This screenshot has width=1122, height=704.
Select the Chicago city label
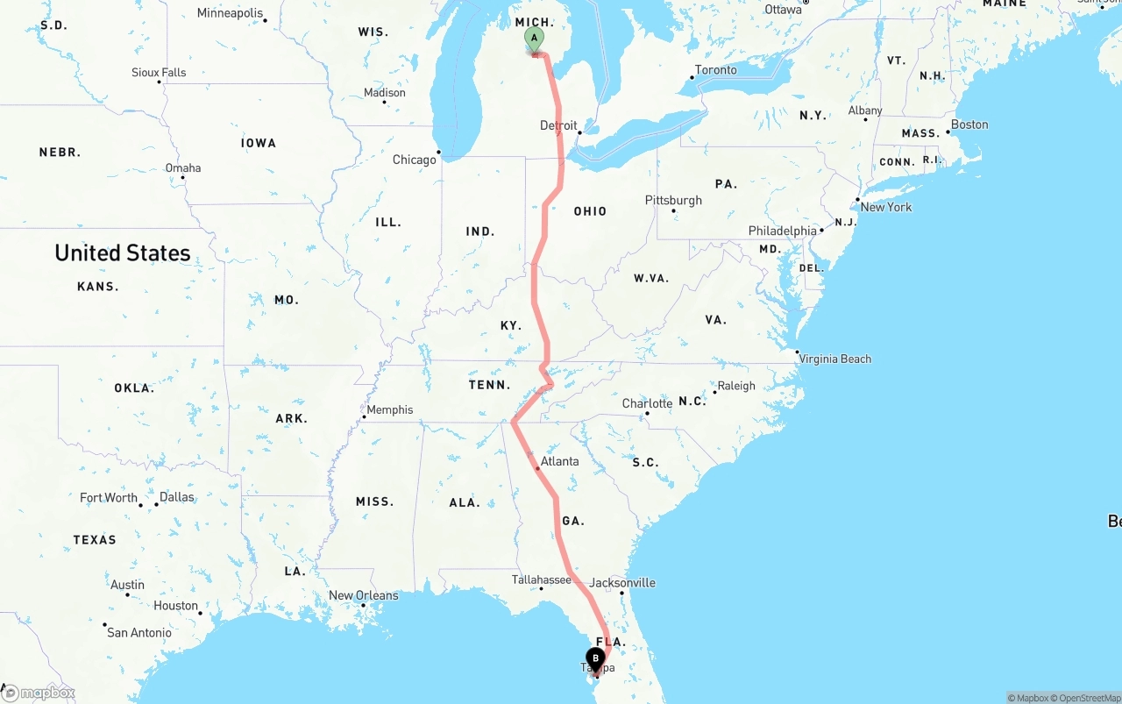click(x=415, y=160)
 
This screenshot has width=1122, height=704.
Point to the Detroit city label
click(x=558, y=125)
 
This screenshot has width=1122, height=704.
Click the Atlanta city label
click(x=559, y=461)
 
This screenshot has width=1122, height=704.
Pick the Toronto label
click(x=716, y=70)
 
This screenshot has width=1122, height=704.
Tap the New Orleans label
click(x=363, y=595)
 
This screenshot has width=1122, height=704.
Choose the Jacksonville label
click(x=622, y=583)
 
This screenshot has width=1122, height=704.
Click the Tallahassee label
click(x=542, y=580)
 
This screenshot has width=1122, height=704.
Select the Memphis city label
click(x=389, y=409)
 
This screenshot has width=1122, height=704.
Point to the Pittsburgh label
click(x=673, y=200)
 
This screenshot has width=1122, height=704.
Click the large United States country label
click(x=123, y=253)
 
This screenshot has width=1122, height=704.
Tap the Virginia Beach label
click(x=835, y=359)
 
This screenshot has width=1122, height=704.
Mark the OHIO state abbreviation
click(x=590, y=211)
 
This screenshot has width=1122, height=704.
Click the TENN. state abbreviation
click(x=489, y=385)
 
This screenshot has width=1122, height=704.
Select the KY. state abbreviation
click(x=511, y=325)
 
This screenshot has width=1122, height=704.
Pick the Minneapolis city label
click(x=230, y=13)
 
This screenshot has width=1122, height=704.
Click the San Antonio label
click(x=140, y=632)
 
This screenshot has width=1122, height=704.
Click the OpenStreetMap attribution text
click(x=1088, y=698)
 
